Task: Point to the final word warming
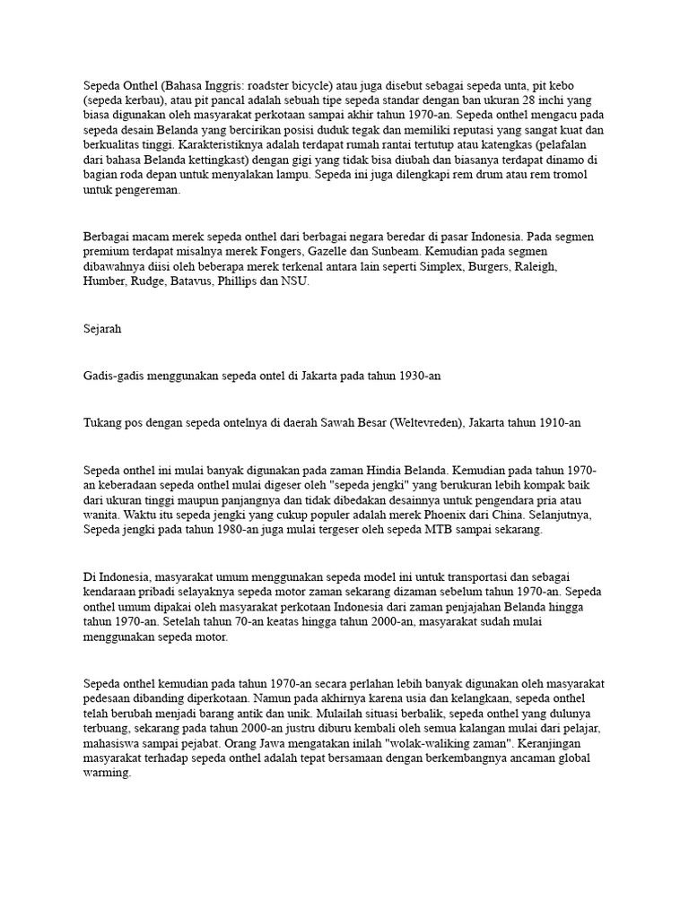(x=107, y=773)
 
